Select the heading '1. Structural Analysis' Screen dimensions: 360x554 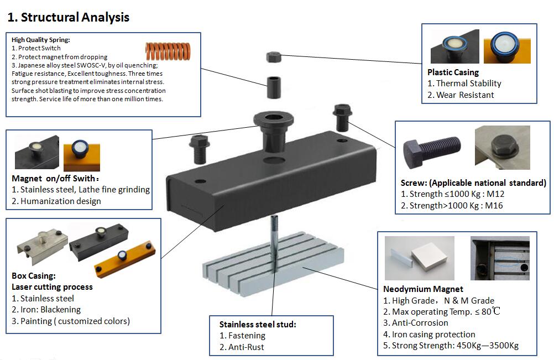(68, 17)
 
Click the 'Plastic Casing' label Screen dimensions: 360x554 (453, 72)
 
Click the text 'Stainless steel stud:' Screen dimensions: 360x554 (258, 325)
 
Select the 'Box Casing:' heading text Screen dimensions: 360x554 (34, 275)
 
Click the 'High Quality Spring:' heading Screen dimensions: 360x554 (41, 40)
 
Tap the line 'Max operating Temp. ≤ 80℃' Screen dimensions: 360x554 (442, 312)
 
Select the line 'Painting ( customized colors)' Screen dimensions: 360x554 (71, 321)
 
